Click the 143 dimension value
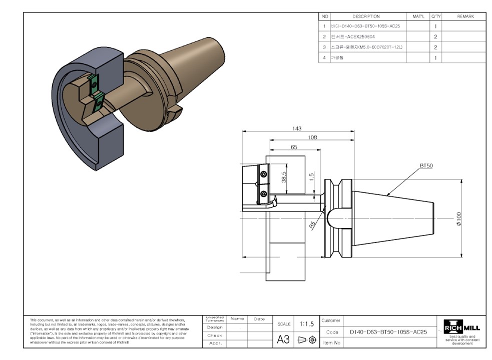pos(297,128)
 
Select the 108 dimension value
pos(312,137)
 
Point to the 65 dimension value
pos(294,147)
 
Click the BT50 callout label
pos(426,165)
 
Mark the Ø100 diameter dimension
pos(459,218)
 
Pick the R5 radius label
pos(312,225)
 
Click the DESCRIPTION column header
pos(366,16)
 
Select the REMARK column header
pos(465,16)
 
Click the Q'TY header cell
pos(435,16)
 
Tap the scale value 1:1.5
pos(306,324)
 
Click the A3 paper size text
pos(283,339)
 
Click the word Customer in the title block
pos(331,320)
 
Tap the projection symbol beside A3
pos(307,339)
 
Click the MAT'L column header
pos(418,16)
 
